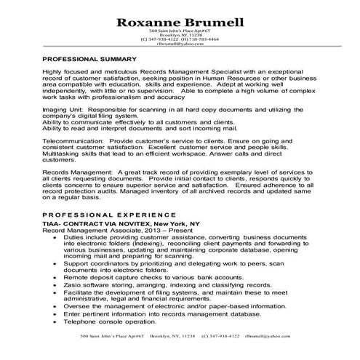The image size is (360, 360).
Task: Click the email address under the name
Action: pyautogui.click(x=180, y=43)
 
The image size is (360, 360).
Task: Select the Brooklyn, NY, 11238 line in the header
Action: pyautogui.click(x=180, y=34)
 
